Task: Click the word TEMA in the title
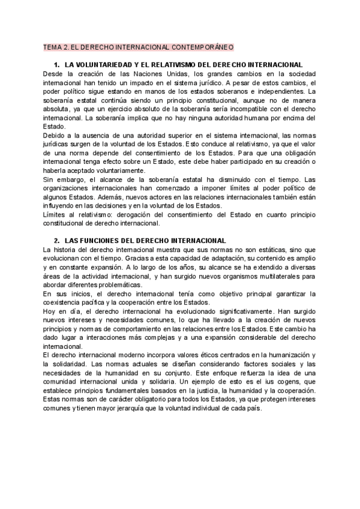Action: pyautogui.click(x=52, y=46)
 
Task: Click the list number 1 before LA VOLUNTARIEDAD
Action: pyautogui.click(x=56, y=64)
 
